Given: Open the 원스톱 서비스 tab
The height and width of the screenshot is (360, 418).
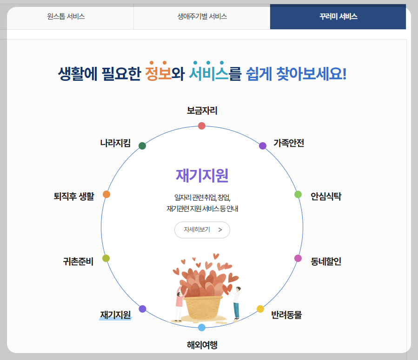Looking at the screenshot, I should (x=66, y=17).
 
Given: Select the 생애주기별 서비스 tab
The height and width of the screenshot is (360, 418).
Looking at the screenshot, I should (x=202, y=17).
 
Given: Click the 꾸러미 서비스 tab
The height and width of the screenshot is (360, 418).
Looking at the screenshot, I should (x=338, y=17).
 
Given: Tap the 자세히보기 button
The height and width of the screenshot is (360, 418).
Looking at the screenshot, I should (x=202, y=229).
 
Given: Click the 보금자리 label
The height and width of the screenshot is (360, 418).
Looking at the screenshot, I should (x=202, y=111).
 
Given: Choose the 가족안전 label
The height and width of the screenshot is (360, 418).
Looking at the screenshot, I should (x=289, y=143).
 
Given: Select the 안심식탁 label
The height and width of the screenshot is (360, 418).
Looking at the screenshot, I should (x=326, y=196).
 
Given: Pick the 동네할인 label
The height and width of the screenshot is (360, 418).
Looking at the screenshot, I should (x=326, y=261).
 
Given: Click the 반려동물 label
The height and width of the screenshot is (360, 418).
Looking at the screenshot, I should (x=286, y=315).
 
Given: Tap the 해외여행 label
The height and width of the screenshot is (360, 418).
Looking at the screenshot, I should (x=202, y=345).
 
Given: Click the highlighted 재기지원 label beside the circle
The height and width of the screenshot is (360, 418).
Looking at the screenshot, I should (x=116, y=314).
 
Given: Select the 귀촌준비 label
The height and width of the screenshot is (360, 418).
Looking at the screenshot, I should (x=78, y=262).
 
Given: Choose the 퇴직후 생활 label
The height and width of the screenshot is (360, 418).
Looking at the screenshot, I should (x=74, y=196).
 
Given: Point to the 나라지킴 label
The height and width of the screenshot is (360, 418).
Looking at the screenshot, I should (x=115, y=143).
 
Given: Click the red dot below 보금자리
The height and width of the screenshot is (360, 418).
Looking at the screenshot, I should (x=202, y=125).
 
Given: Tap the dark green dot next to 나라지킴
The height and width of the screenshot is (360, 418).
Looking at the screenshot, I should (x=142, y=146).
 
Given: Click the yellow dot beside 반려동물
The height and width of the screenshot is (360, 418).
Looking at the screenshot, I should (x=260, y=309).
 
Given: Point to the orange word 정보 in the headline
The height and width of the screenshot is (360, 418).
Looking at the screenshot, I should (x=158, y=73).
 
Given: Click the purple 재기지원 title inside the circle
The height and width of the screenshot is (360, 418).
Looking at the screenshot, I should (x=202, y=175).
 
